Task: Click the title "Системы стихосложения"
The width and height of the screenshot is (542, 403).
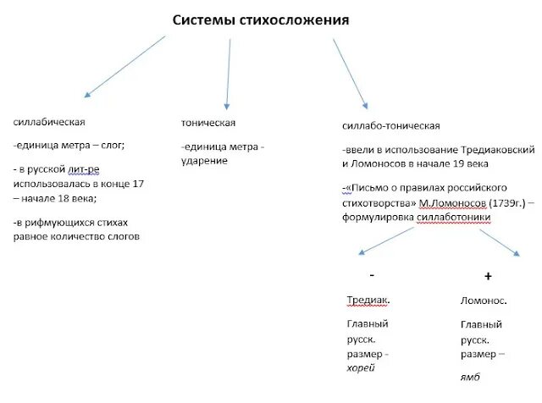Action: click(x=261, y=19)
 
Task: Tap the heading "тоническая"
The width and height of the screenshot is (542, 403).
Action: click(x=207, y=123)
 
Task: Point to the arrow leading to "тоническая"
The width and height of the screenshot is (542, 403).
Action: click(x=227, y=71)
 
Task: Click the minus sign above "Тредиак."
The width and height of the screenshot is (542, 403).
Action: click(x=372, y=276)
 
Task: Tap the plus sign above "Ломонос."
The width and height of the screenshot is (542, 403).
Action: click(x=488, y=277)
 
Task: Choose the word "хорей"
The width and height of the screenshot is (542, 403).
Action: click(x=361, y=368)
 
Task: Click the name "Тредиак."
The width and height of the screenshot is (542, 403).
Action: click(x=369, y=301)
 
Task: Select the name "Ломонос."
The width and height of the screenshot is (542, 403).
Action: click(x=484, y=301)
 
